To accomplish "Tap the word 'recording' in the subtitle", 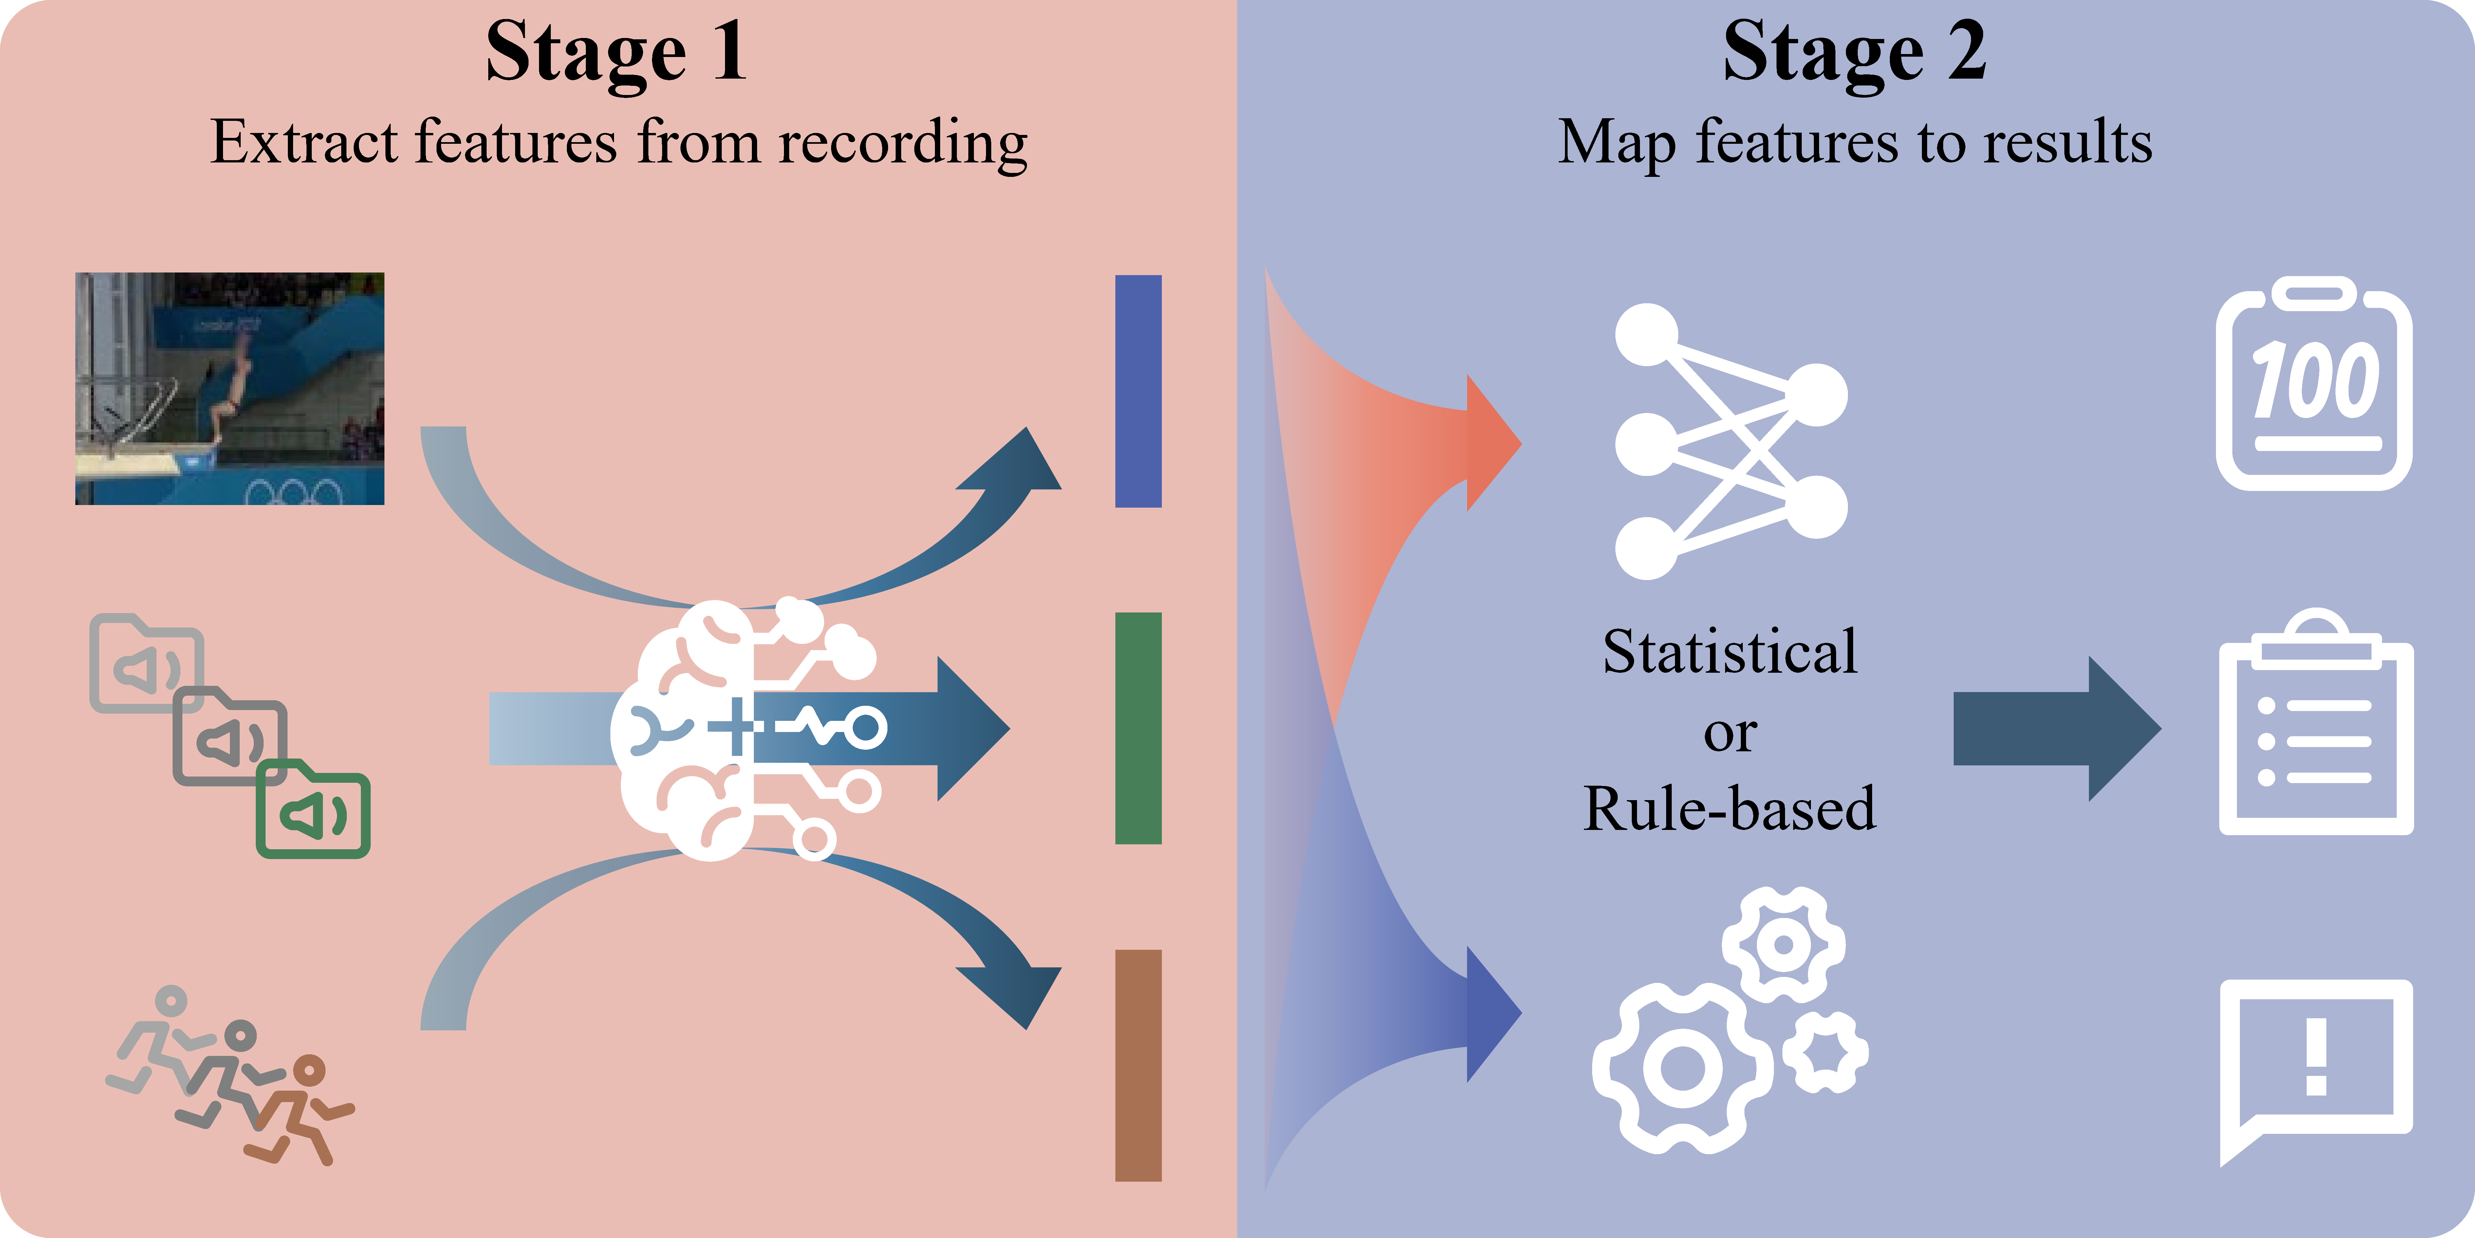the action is click(903, 144).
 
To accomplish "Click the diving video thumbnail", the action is click(230, 388).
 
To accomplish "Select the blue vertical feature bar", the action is click(1139, 391).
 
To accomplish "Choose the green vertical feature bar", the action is click(1139, 729).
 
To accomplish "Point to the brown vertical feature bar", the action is click(1139, 1065).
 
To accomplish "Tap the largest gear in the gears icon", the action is click(1682, 1067).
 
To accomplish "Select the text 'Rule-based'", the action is click(1729, 807).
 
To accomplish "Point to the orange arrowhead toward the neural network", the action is click(1492, 443).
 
